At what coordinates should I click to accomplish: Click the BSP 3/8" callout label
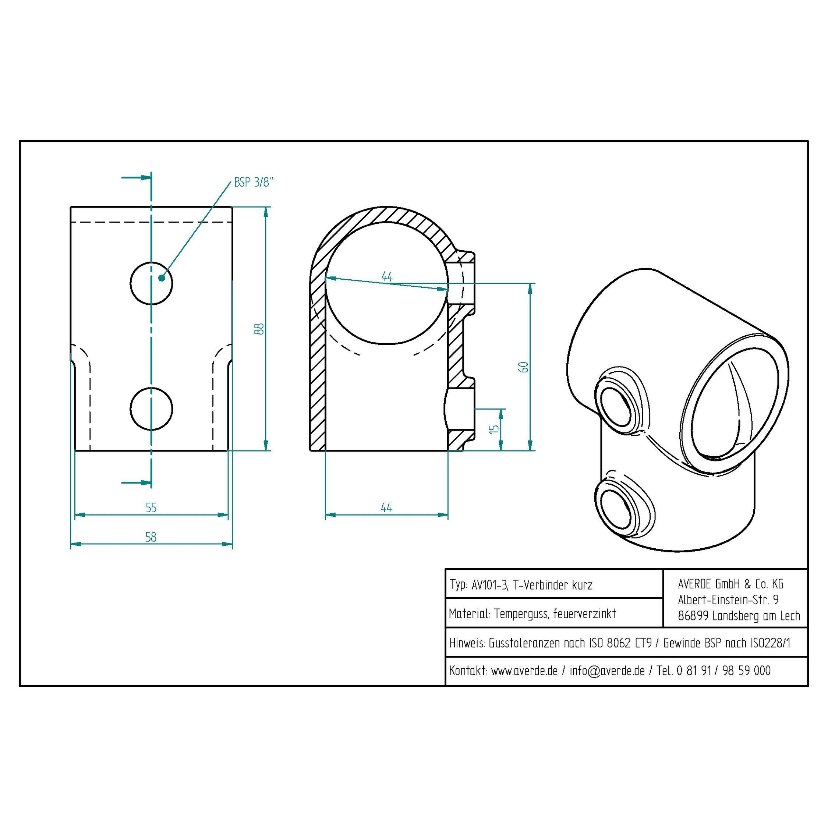click(253, 182)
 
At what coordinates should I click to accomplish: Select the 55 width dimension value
click(151, 508)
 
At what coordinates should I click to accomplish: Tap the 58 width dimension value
click(151, 537)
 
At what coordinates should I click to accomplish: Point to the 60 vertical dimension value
click(524, 367)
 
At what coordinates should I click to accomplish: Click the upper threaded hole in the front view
click(151, 283)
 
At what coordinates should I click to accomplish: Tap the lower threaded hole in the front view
click(151, 408)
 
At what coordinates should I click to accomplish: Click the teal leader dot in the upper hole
click(162, 278)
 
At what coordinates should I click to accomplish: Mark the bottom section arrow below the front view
click(136, 482)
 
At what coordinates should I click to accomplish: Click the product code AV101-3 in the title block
click(489, 585)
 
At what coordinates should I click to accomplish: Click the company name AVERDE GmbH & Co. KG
click(730, 584)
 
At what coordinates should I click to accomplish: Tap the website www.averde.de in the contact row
click(524, 671)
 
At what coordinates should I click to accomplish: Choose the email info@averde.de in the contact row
click(607, 671)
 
